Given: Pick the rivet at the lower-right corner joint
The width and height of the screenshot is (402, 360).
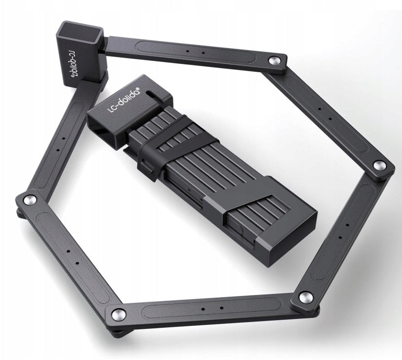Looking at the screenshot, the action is click(305, 298).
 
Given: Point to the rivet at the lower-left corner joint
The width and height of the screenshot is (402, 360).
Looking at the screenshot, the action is click(118, 314).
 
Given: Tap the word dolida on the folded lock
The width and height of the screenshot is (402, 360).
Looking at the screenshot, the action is click(128, 97).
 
